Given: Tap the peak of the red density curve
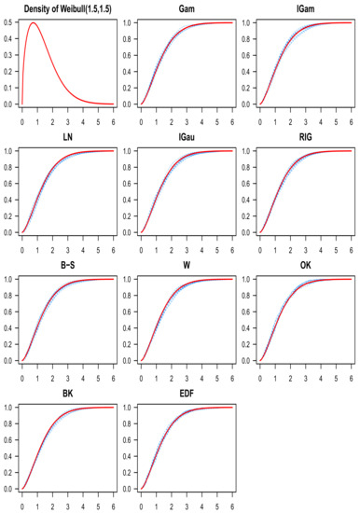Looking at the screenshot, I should pyautogui.click(x=35, y=24).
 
